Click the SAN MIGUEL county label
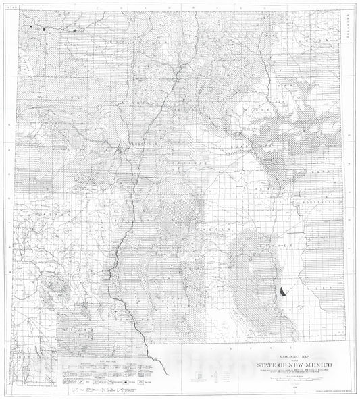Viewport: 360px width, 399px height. click(x=253, y=108)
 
